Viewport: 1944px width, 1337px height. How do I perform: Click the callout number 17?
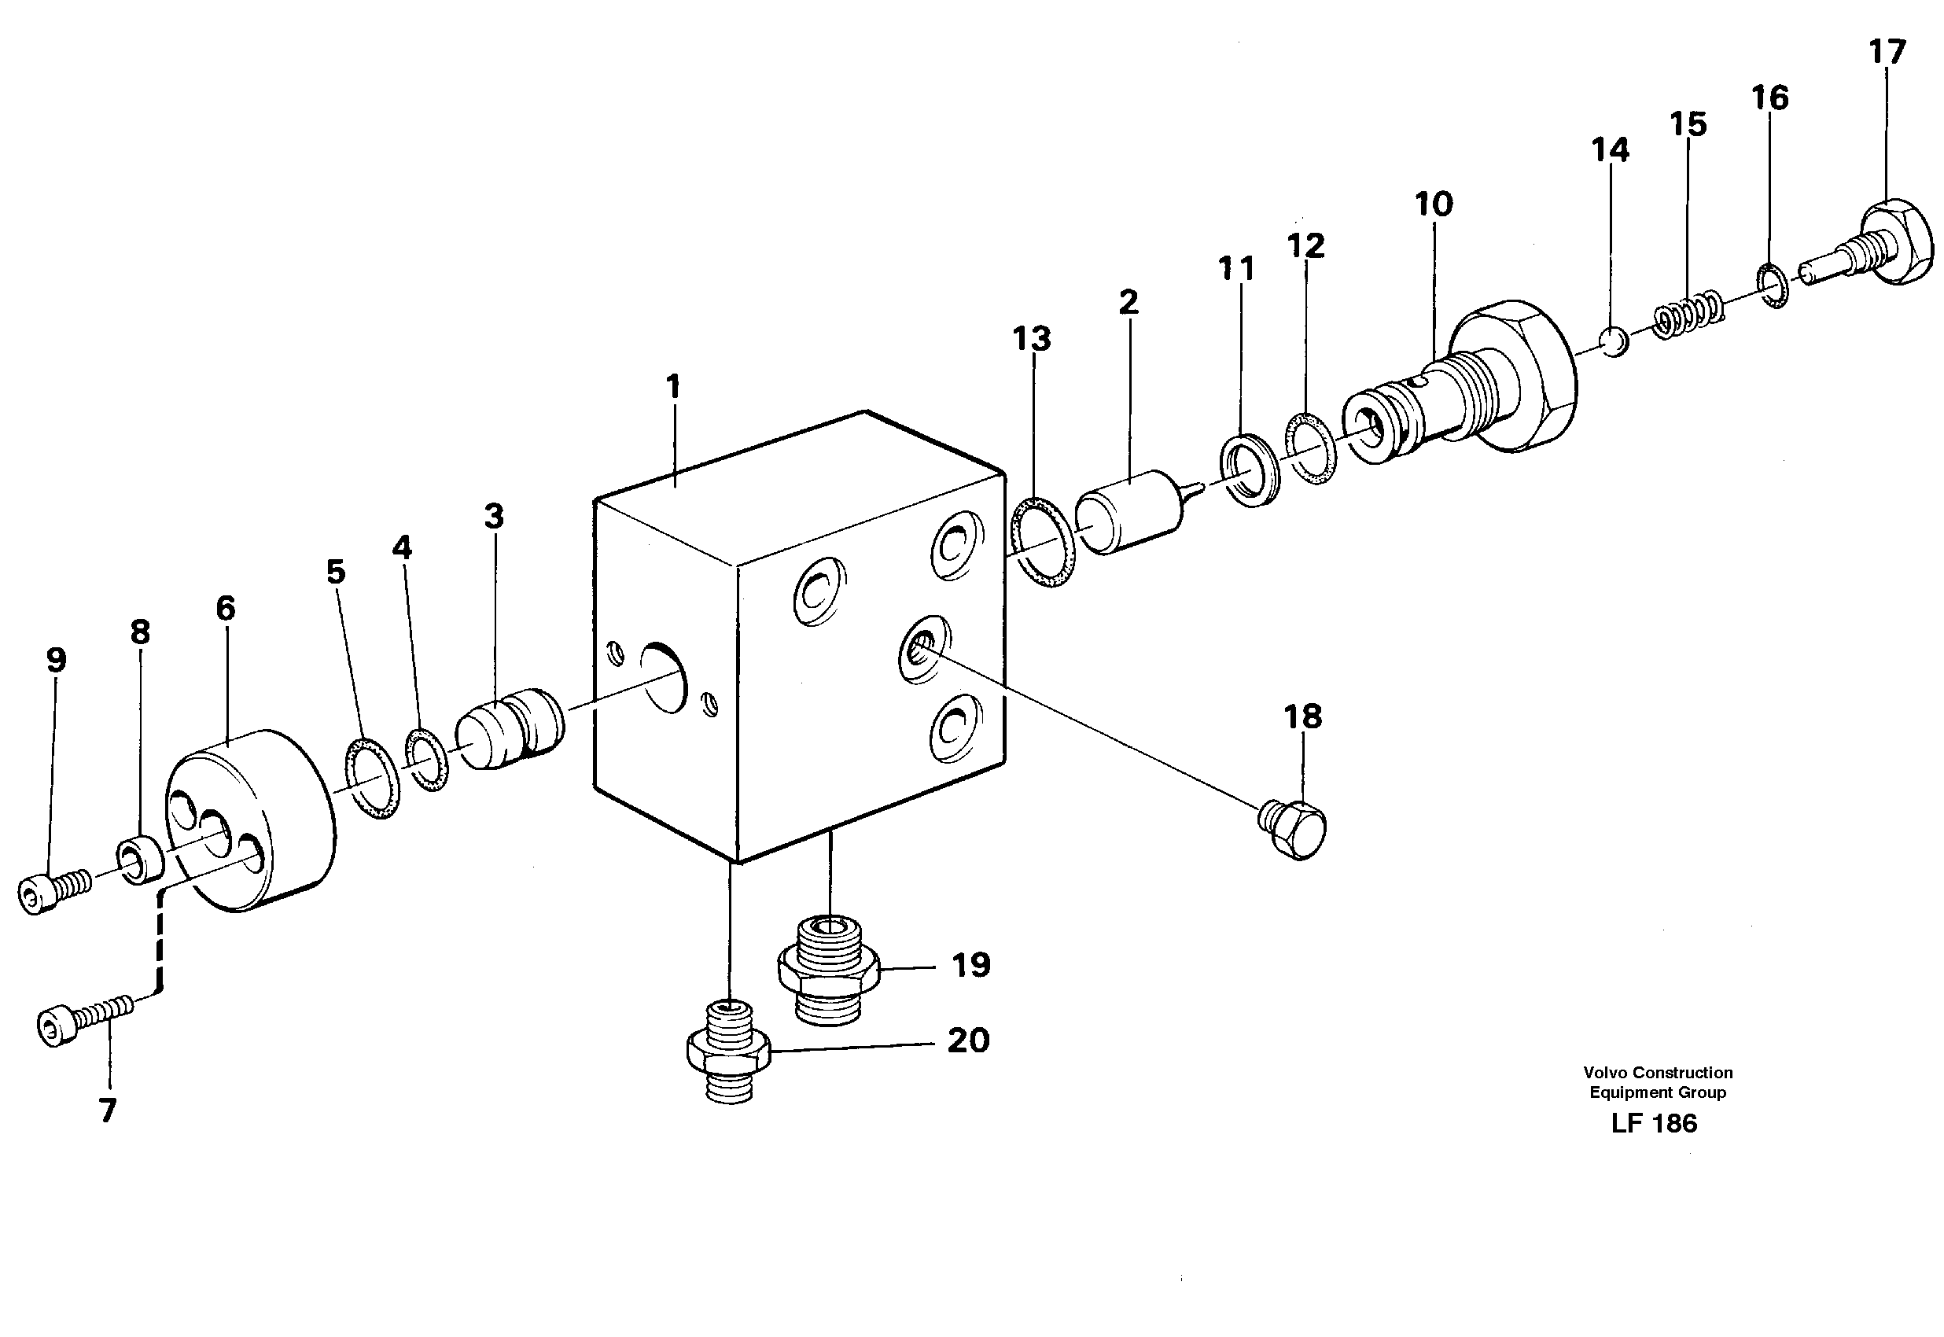coord(1887,52)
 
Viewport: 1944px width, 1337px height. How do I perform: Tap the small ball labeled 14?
coord(1612,342)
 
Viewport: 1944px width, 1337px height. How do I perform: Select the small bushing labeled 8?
coord(140,860)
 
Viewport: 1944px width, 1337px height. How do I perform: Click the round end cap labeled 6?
coord(252,821)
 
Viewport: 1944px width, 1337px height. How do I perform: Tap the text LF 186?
coord(1653,1124)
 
